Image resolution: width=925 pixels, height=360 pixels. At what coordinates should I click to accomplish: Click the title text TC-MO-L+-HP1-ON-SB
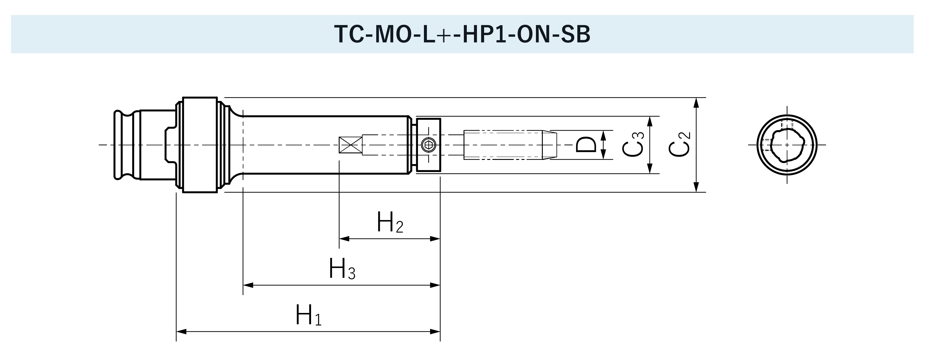tap(462, 35)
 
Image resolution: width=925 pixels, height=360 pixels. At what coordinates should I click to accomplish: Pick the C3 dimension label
tap(633, 145)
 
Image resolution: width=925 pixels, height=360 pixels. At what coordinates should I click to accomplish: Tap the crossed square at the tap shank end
tap(350, 145)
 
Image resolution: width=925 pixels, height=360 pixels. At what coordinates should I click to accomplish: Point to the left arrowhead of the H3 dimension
tap(248, 285)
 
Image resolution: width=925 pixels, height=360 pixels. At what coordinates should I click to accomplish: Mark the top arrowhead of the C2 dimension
tap(696, 102)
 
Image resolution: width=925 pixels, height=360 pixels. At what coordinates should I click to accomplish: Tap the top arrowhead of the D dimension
tap(603, 135)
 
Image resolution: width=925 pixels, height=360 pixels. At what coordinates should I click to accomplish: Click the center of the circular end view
tap(787, 145)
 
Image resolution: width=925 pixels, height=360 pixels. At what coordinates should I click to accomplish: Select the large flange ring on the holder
tap(200, 145)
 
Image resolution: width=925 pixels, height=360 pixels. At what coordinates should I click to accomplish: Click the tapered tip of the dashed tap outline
tap(549, 145)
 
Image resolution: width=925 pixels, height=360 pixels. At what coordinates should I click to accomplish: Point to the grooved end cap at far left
tap(124, 145)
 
